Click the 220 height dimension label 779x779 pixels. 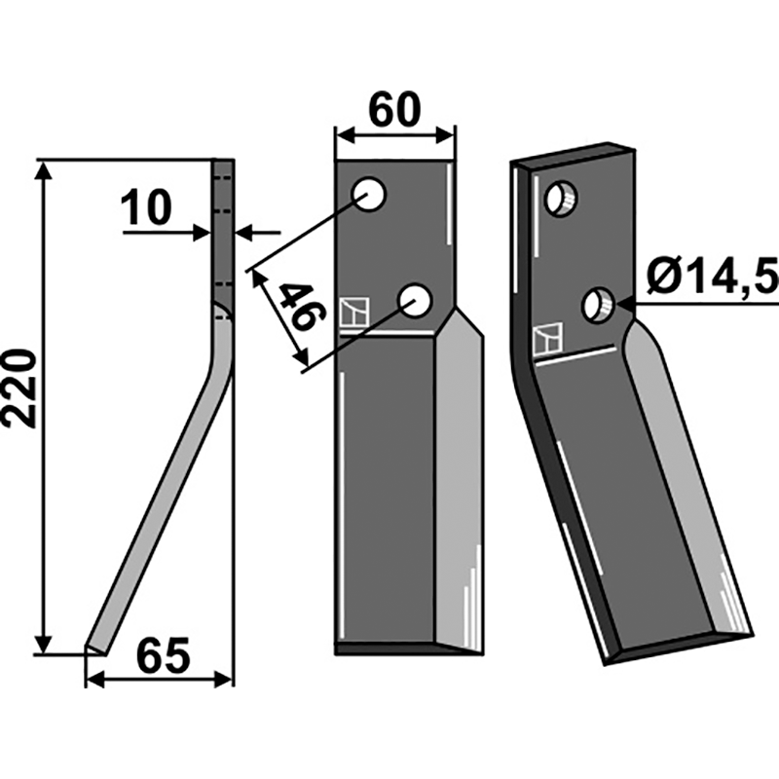pos(19,388)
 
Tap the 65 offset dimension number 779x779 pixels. pos(164,654)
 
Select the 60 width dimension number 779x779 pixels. pos(395,110)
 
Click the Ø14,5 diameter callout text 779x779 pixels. pos(713,279)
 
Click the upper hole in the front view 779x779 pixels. pos(369,194)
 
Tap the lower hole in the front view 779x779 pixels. pos(416,300)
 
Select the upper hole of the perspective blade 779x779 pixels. pos(561,199)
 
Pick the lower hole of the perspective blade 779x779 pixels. pos(599,305)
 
